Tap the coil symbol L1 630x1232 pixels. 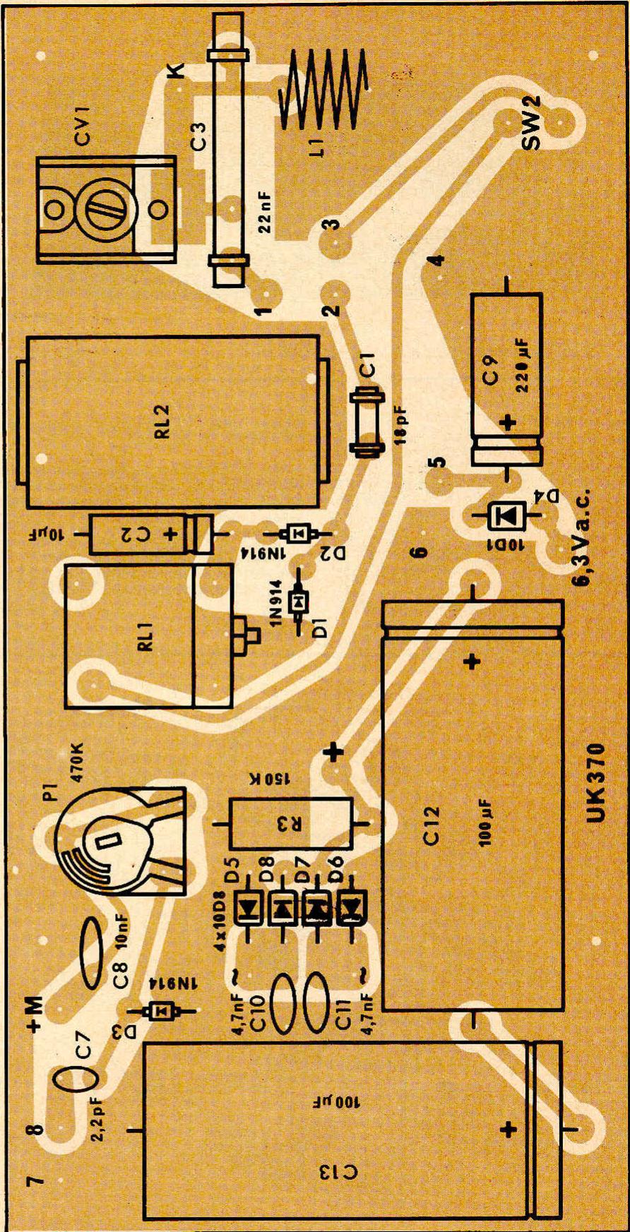[324, 91]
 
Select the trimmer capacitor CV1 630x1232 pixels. [105, 210]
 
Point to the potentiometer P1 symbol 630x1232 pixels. [121, 842]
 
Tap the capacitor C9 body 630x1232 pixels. [506, 379]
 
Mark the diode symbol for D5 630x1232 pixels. [249, 910]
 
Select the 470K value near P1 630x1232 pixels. [76, 762]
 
